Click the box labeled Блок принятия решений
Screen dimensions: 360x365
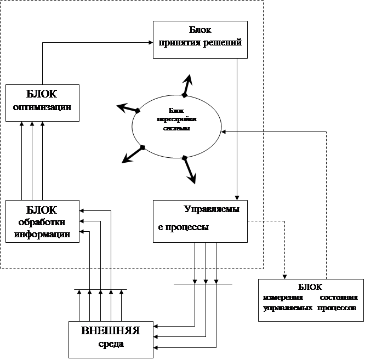(200, 39)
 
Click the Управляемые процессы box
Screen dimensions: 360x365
(200, 221)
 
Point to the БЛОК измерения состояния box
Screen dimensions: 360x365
(310, 300)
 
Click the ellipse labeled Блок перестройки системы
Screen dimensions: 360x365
(176, 125)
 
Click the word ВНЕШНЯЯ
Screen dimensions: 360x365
(110, 331)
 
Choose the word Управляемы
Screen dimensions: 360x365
(207, 209)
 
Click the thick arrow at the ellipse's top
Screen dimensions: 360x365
(188, 84)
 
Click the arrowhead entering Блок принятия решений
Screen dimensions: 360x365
(150, 42)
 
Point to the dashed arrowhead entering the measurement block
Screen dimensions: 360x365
(284, 276)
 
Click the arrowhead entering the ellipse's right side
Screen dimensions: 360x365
(225, 132)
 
